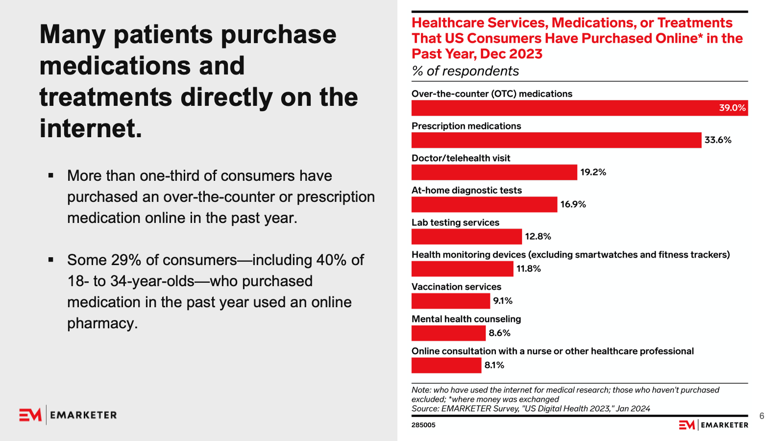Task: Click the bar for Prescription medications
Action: point(556,140)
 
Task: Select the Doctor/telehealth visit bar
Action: point(494,172)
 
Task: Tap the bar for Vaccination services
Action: point(450,301)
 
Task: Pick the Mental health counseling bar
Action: point(448,333)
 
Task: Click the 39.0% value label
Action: point(732,108)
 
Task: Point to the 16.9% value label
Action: point(573,204)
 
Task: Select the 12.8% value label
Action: point(538,237)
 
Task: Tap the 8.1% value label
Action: point(494,365)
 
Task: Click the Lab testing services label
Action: point(455,222)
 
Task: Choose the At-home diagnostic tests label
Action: point(466,190)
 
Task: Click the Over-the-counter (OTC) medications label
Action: point(491,94)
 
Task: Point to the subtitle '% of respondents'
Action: point(465,71)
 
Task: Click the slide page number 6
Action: point(761,416)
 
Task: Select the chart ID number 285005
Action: point(423,425)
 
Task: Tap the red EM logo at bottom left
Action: point(30,415)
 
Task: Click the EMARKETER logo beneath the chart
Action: point(713,425)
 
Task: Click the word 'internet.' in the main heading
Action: point(91,128)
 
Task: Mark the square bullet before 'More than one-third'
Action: point(51,175)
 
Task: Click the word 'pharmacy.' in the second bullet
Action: point(102,323)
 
